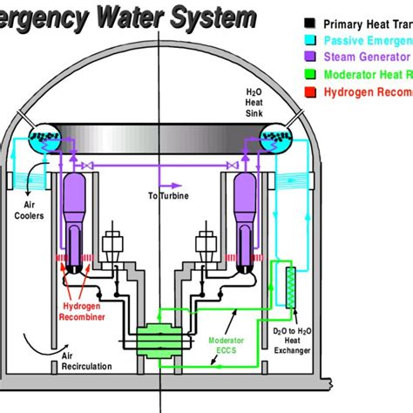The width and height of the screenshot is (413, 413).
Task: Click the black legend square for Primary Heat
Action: tap(310, 24)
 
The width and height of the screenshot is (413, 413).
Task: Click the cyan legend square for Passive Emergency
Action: tap(310, 40)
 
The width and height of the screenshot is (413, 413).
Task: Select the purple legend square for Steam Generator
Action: tap(310, 57)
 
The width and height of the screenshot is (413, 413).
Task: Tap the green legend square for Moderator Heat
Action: tap(310, 73)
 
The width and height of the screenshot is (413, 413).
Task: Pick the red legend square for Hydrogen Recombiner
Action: tap(310, 90)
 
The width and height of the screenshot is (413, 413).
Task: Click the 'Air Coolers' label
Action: tap(28, 217)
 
